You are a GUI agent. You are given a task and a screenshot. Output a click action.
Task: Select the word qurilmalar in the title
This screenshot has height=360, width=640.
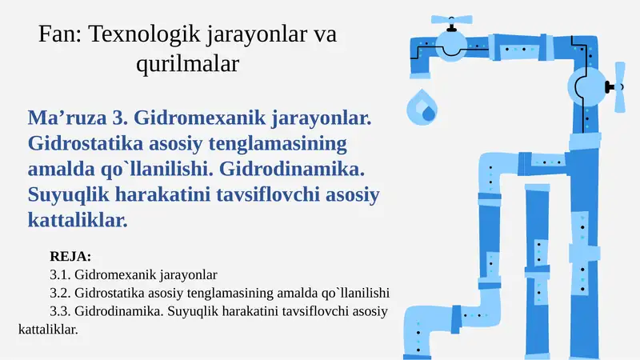pyautogui.click(x=187, y=63)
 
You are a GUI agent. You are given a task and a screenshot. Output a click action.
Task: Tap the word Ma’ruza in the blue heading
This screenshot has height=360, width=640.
pyautogui.click(x=67, y=119)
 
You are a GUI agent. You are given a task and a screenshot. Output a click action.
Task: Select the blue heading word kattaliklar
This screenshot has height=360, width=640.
pyautogui.click(x=77, y=218)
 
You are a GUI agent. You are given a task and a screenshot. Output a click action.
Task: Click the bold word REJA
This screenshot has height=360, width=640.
pyautogui.click(x=70, y=258)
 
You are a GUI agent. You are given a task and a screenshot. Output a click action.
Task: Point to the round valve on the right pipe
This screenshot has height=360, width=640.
pyautogui.click(x=588, y=85)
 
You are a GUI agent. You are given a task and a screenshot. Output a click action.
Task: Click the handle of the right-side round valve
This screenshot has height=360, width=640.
pyautogui.click(x=618, y=86)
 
